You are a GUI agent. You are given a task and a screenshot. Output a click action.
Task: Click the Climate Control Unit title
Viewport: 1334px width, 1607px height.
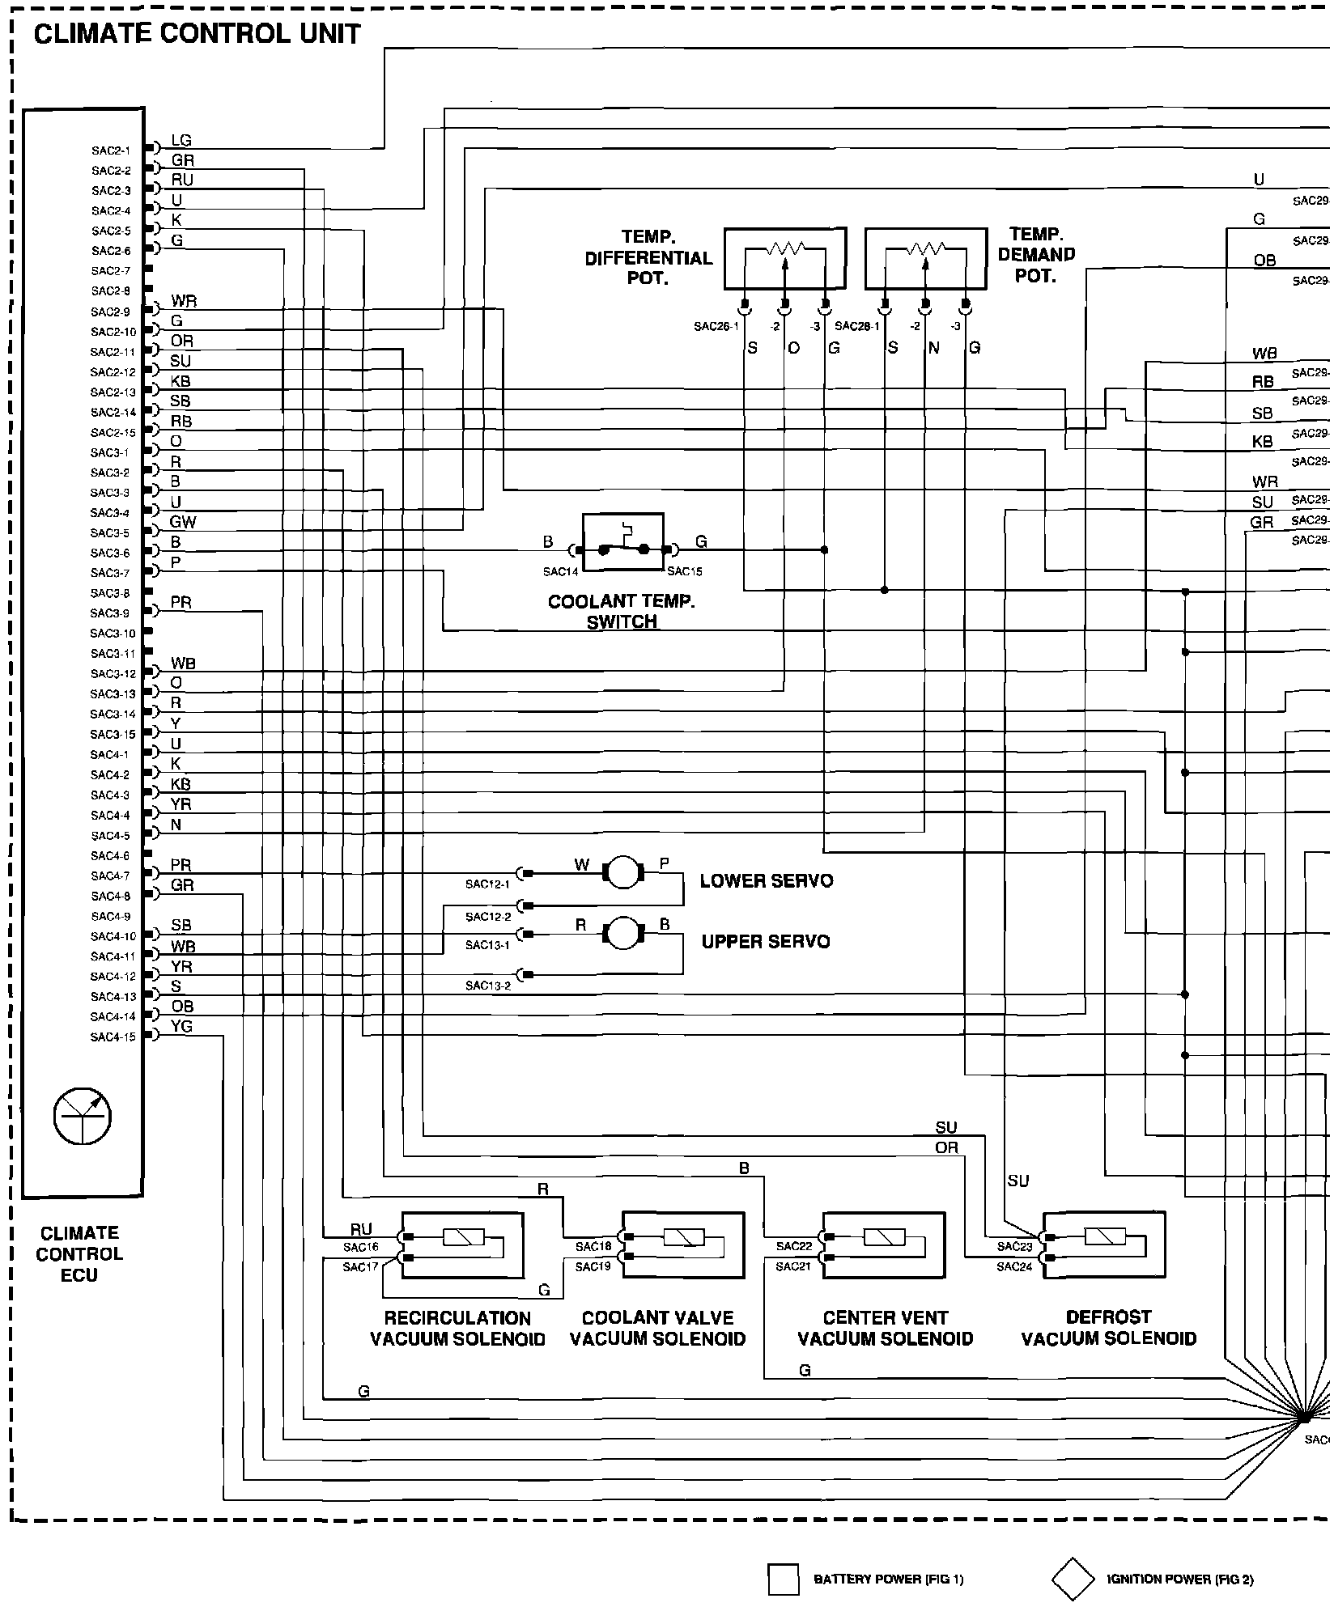click(197, 34)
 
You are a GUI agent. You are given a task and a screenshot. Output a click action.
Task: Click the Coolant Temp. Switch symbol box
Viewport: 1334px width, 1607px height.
click(623, 542)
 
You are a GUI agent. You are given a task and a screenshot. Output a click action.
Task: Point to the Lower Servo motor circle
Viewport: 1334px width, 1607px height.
click(622, 872)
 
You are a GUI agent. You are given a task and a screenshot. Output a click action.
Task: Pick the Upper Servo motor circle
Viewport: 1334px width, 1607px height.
click(622, 933)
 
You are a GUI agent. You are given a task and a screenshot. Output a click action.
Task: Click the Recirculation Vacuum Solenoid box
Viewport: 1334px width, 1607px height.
click(462, 1245)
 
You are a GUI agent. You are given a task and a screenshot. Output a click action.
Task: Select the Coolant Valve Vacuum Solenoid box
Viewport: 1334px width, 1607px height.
click(682, 1244)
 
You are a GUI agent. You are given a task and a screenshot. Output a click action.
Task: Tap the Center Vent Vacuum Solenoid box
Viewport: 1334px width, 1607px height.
click(883, 1244)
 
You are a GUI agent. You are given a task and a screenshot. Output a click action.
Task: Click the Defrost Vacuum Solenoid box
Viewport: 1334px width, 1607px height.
click(1104, 1244)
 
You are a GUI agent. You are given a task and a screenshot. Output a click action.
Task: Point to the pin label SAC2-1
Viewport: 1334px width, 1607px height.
click(111, 151)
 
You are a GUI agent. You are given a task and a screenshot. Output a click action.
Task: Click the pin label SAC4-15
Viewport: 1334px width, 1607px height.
click(113, 1037)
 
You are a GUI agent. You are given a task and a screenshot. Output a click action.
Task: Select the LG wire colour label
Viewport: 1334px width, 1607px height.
click(181, 141)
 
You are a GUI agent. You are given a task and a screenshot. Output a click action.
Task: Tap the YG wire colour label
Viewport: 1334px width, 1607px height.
click(181, 1027)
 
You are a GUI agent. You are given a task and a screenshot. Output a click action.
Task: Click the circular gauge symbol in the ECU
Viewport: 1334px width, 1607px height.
click(83, 1117)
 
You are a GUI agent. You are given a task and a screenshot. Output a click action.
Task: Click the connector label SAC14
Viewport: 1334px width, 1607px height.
click(560, 571)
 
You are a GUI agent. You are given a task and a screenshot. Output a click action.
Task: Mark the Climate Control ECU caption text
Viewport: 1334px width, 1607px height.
click(79, 1254)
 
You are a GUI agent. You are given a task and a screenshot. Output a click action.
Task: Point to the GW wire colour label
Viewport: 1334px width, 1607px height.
click(183, 522)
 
